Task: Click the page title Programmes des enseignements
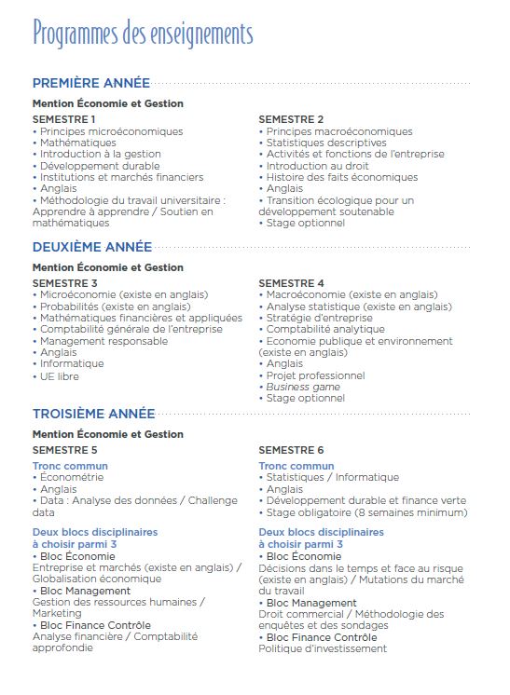coord(143,34)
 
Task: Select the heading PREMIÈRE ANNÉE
coord(90,83)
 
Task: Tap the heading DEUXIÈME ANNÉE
coord(91,247)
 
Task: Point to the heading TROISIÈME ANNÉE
coord(92,414)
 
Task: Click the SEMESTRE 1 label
coord(64,120)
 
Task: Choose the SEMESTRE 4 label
coord(291,283)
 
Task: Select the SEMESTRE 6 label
coord(291,450)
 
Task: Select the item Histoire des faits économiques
coord(341,177)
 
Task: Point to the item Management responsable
coord(103,341)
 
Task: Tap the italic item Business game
coord(303,387)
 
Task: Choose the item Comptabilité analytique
coord(325,329)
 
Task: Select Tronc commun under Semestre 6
coord(296,466)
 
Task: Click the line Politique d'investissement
coord(322,648)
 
